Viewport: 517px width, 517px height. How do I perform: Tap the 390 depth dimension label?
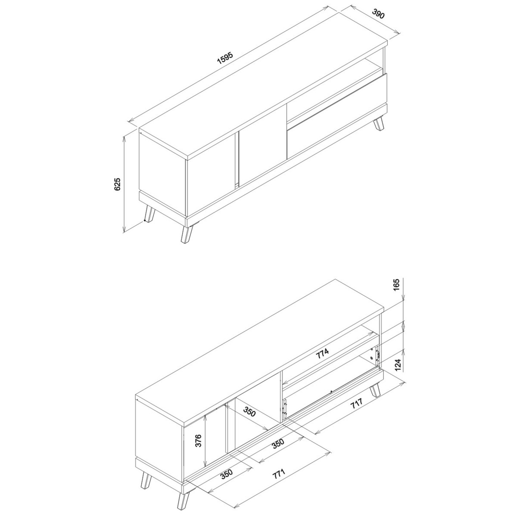point(378,14)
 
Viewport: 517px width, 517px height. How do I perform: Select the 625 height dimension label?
point(118,184)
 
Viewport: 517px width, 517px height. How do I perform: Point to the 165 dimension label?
point(397,285)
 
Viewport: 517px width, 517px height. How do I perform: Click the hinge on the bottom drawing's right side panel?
point(377,356)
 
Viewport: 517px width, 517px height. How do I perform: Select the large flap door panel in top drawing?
point(337,117)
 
